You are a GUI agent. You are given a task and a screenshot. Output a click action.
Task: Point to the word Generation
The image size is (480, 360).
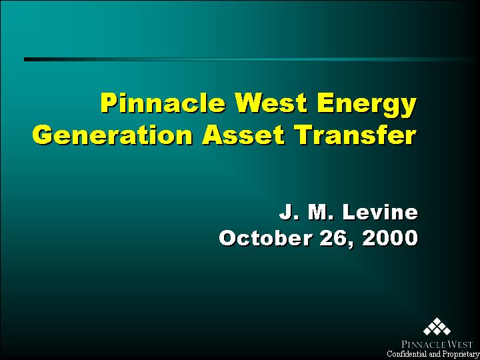click(x=112, y=135)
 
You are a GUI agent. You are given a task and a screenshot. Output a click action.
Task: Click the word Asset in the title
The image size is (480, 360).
click(x=243, y=135)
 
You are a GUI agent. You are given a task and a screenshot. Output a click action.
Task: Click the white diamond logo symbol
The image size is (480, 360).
click(x=437, y=327)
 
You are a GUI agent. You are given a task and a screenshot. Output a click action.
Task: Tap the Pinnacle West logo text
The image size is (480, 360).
click(x=435, y=344)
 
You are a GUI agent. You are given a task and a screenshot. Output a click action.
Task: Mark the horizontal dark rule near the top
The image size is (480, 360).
click(x=252, y=59)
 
